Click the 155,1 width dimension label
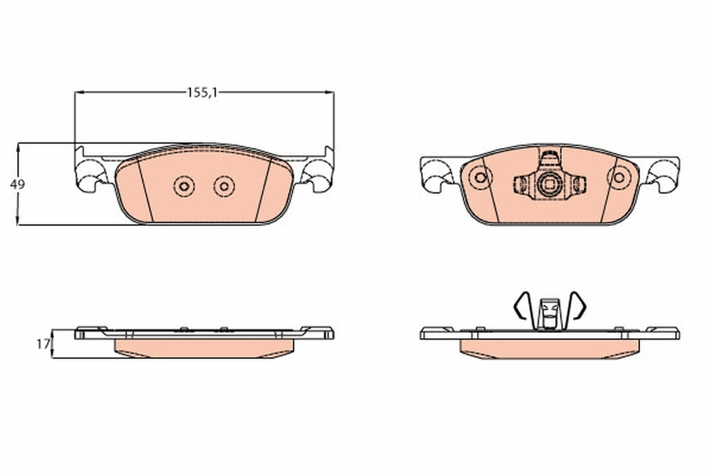(x=201, y=93)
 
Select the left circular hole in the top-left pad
(x=184, y=187)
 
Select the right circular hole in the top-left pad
(x=224, y=187)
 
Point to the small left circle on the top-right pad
(x=481, y=177)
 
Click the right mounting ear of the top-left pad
(x=318, y=174)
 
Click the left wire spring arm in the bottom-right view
(x=520, y=306)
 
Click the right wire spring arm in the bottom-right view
(x=577, y=306)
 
